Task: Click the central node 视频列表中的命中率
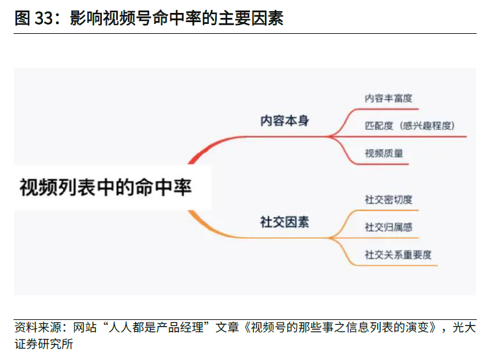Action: coord(106,188)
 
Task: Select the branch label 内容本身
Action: coord(284,121)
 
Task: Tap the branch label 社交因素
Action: coord(284,222)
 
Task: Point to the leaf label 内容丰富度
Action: coord(388,98)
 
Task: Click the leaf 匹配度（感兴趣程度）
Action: coord(410,126)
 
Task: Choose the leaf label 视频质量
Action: coord(384,153)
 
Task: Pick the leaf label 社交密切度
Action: coord(388,199)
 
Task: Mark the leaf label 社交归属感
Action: coord(388,227)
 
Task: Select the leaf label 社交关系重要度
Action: coord(398,255)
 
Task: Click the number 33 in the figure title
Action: coord(44,18)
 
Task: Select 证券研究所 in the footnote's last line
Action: coord(44,344)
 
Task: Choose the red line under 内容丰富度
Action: coord(386,109)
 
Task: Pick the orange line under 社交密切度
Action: coord(386,210)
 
